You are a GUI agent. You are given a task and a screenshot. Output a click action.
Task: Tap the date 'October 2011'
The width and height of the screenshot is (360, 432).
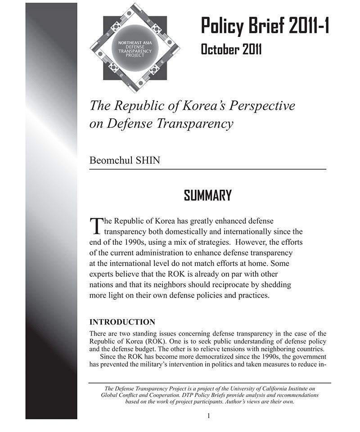coord(231,49)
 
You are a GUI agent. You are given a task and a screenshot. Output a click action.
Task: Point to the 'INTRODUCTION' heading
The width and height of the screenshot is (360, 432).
coord(122,322)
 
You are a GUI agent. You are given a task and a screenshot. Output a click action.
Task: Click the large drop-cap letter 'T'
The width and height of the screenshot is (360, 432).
coord(97,225)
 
